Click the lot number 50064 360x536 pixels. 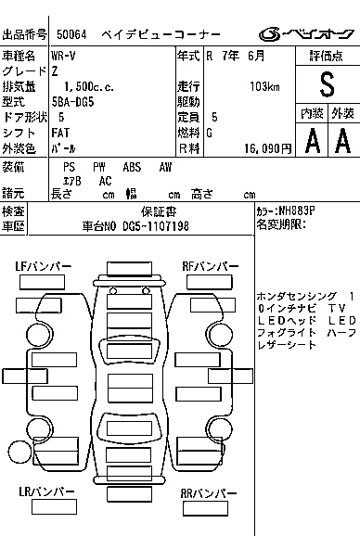tap(71, 34)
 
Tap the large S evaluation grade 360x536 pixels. tap(327, 84)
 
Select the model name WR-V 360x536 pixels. tap(63, 56)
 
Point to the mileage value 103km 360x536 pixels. tap(264, 87)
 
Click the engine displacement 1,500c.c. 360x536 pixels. tap(89, 87)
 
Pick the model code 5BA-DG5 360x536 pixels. tap(72, 102)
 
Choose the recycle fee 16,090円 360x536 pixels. tap(268, 148)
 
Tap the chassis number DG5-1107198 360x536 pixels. tap(156, 226)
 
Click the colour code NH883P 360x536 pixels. tap(296, 211)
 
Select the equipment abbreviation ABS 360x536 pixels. tap(132, 167)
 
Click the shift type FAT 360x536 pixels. tap(60, 133)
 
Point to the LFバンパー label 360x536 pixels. tap(44, 266)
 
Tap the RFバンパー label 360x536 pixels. tap(211, 266)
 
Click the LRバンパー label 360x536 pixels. tap(46, 491)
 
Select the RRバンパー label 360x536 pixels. tap(209, 493)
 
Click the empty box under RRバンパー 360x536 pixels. tap(205, 509)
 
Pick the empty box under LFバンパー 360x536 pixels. tap(42, 282)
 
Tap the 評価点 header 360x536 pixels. tap(327, 56)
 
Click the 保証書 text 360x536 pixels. tap(159, 212)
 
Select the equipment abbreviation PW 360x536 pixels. tap(99, 167)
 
